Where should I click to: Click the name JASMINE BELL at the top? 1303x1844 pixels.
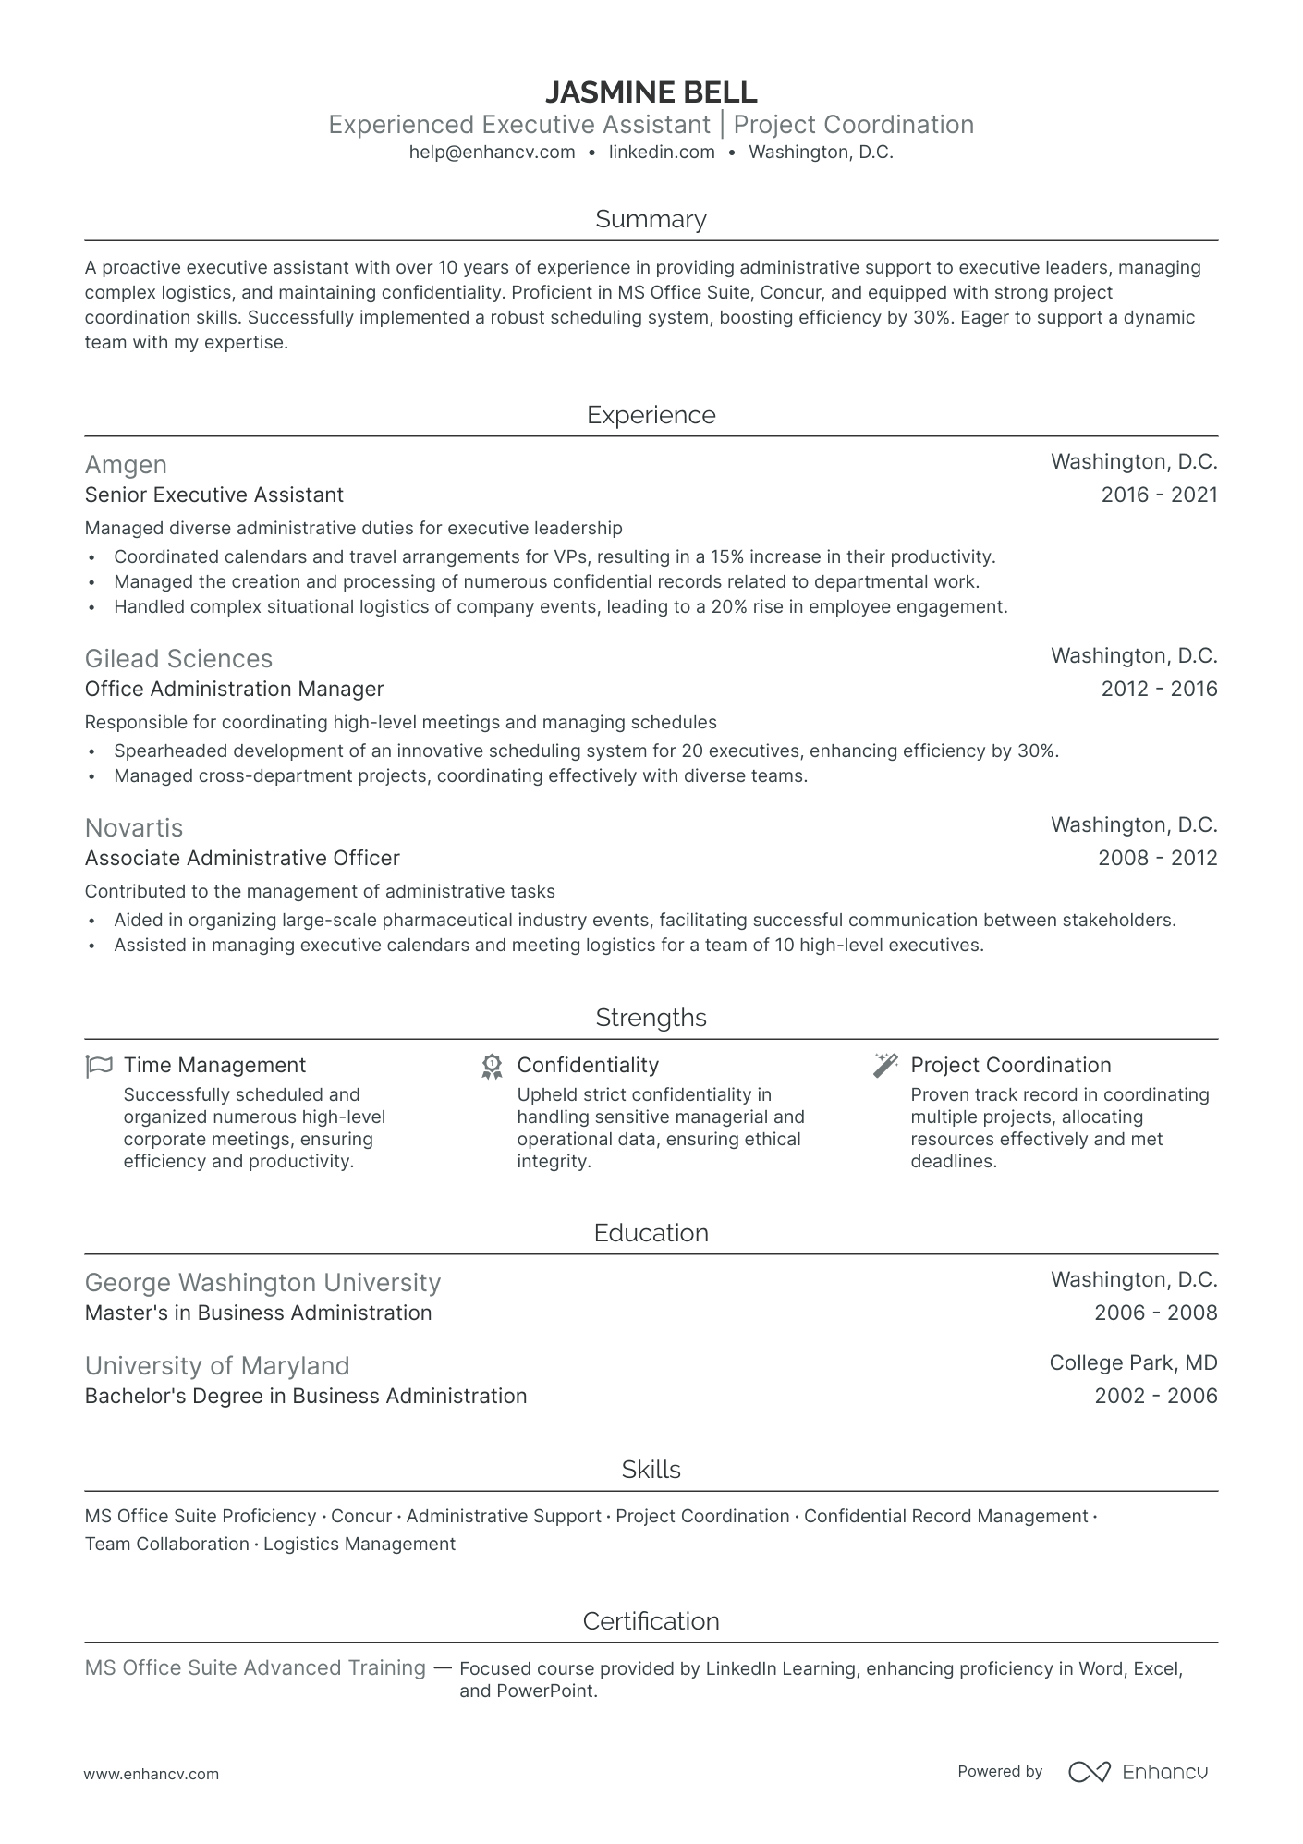[x=651, y=92]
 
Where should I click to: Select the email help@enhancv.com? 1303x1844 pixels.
[x=492, y=153]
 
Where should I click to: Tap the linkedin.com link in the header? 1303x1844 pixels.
[x=662, y=153]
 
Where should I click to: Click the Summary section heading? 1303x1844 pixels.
[x=651, y=219]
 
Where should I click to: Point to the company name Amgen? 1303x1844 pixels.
[x=126, y=464]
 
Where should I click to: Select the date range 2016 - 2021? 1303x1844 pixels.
[x=1159, y=495]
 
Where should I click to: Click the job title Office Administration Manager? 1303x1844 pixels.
[x=234, y=689]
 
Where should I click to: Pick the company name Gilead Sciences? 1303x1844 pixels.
[x=178, y=658]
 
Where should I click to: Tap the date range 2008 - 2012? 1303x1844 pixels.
[x=1157, y=858]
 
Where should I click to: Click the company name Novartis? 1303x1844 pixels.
[x=134, y=827]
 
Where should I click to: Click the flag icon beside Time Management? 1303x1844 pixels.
[x=99, y=1066]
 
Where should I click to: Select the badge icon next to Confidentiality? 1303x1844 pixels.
[x=492, y=1066]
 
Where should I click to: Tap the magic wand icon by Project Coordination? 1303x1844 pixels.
[x=885, y=1065]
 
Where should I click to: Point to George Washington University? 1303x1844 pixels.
[x=262, y=1282]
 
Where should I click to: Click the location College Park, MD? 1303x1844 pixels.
[x=1133, y=1362]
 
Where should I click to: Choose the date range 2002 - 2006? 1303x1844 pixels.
[x=1155, y=1396]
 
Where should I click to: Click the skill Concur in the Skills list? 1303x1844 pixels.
[x=361, y=1516]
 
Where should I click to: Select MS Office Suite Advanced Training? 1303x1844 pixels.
[x=255, y=1667]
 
